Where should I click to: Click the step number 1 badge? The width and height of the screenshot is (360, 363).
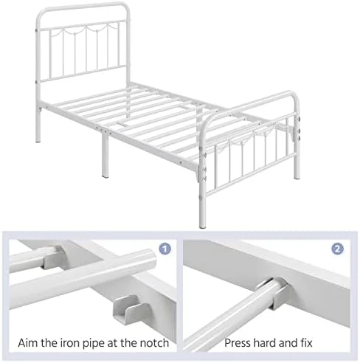(x=165, y=249)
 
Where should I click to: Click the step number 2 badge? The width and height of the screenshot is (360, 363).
(x=338, y=249)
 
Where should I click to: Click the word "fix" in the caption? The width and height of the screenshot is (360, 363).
(x=306, y=342)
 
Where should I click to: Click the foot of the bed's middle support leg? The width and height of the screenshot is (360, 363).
(x=105, y=175)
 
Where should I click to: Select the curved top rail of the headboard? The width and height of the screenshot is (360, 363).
(x=83, y=5)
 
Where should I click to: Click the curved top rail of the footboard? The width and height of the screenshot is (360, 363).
(x=251, y=103)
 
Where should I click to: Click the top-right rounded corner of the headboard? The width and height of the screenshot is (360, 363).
(x=125, y=7)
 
